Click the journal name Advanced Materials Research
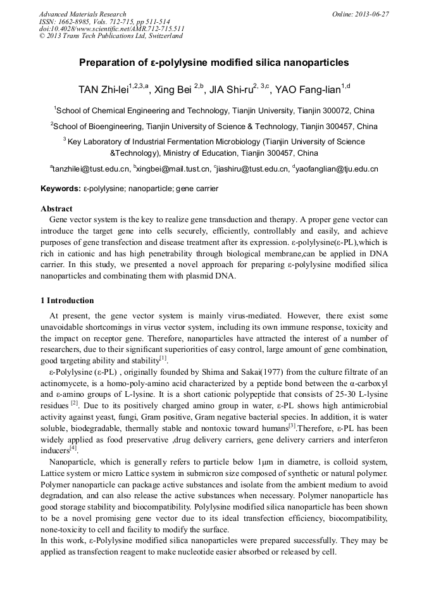click(82, 14)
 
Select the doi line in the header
click(111, 28)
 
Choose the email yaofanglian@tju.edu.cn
click(336, 169)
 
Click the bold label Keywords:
click(61, 189)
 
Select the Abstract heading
click(56, 208)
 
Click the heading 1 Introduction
click(66, 300)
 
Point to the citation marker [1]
click(163, 358)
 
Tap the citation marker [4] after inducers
click(73, 449)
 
